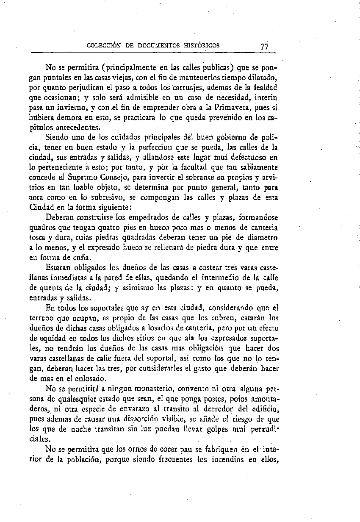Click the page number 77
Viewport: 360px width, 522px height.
265,47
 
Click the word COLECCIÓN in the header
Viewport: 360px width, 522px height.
104,45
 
